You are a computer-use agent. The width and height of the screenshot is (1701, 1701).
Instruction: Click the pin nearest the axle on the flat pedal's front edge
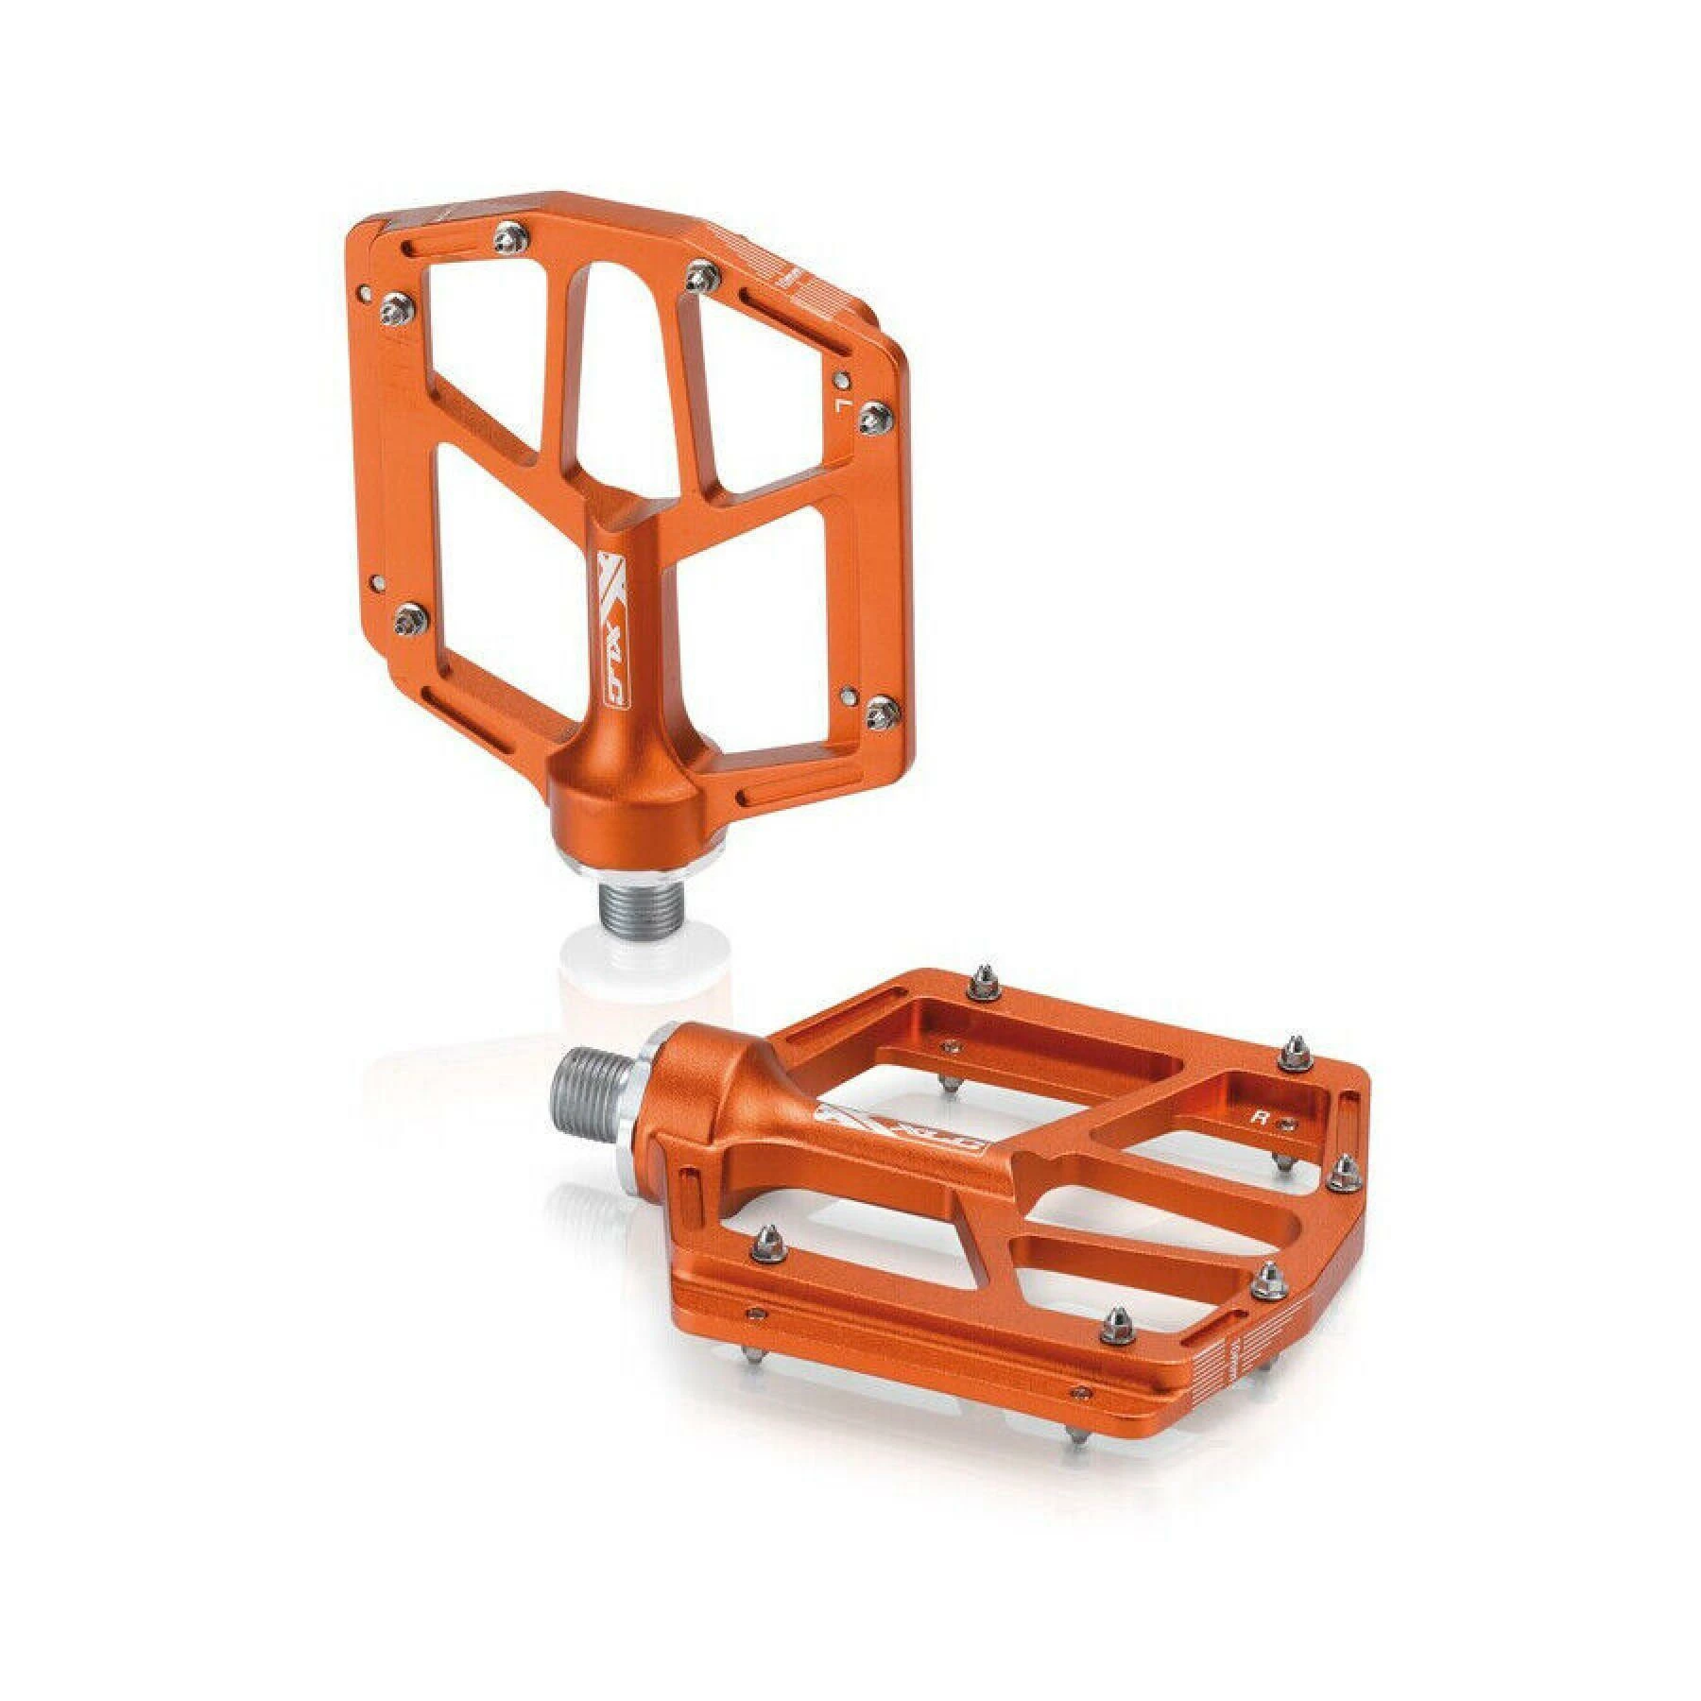pyautogui.click(x=766, y=1247)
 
